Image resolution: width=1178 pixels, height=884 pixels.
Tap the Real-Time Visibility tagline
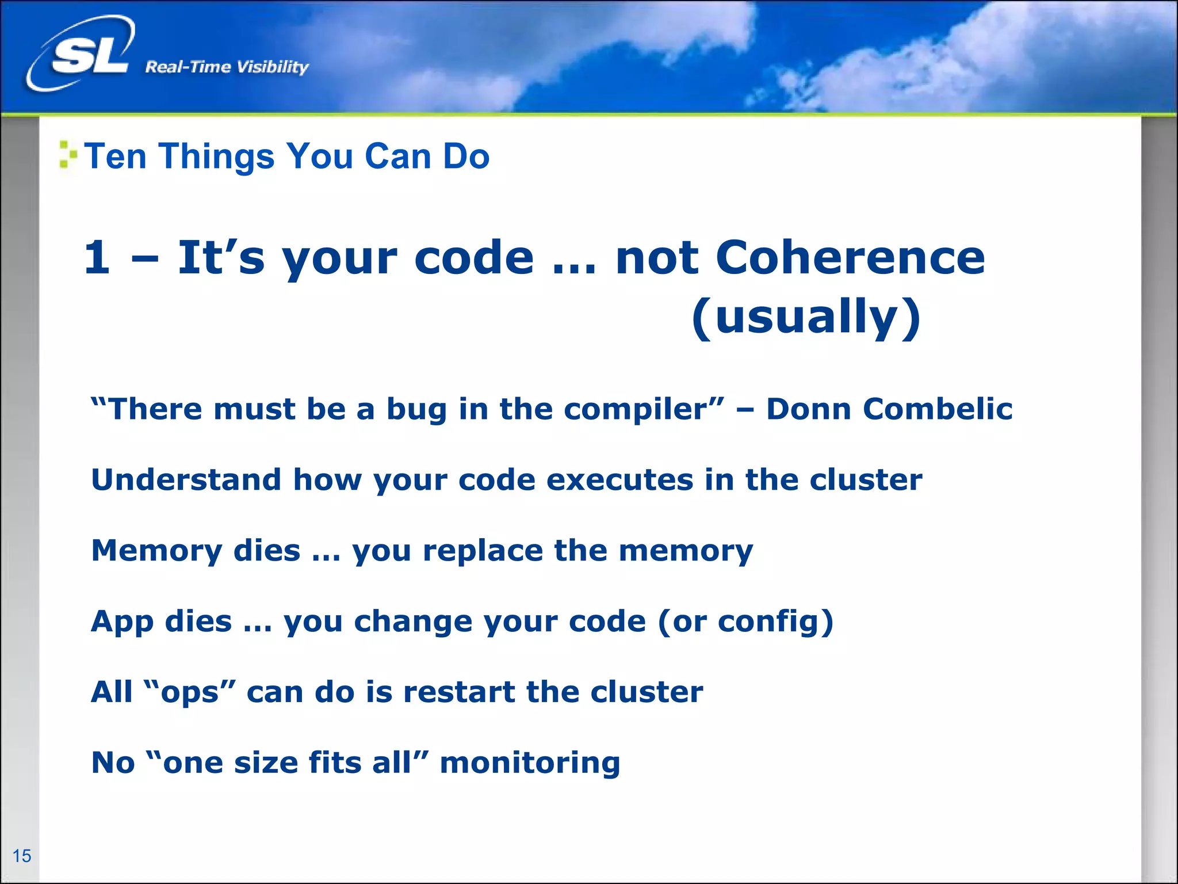tap(227, 67)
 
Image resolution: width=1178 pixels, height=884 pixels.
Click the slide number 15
tap(22, 856)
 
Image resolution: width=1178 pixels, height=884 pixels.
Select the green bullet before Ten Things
tap(67, 155)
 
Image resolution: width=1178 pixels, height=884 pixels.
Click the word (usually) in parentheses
tap(806, 317)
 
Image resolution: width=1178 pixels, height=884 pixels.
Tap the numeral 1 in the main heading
tap(97, 257)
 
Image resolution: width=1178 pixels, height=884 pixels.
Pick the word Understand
tap(186, 479)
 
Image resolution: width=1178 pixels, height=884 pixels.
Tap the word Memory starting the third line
tap(156, 551)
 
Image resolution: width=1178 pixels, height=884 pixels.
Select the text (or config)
tap(745, 622)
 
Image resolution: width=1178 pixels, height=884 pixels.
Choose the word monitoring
tap(530, 763)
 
